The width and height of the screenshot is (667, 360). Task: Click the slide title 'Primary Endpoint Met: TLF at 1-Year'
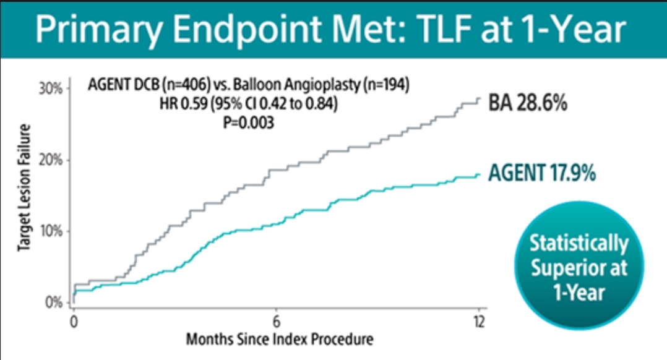click(x=330, y=30)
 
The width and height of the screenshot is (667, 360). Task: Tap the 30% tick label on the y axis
click(x=51, y=89)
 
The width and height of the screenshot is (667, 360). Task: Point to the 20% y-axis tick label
click(x=51, y=160)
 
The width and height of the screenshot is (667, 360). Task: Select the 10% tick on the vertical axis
click(x=51, y=231)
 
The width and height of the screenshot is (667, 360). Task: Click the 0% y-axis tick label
click(x=54, y=302)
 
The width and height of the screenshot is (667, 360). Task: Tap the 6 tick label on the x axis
click(x=277, y=322)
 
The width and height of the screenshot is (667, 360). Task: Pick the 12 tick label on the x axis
click(x=480, y=322)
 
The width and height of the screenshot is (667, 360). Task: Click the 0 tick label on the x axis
click(x=74, y=322)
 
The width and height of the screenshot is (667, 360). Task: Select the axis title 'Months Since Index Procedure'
click(x=280, y=339)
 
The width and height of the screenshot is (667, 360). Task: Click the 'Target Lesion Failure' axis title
click(x=24, y=187)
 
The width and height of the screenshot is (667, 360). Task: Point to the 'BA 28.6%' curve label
click(x=527, y=103)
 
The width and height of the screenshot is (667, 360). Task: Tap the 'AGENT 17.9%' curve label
click(x=542, y=173)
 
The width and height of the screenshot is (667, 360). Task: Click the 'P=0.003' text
click(x=249, y=123)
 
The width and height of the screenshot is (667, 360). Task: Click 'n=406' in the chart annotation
click(x=186, y=85)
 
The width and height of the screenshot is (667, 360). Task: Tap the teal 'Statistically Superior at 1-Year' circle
click(x=579, y=265)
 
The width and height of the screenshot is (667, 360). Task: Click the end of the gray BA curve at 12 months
click(x=480, y=98)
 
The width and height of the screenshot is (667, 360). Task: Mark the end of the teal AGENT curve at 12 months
click(x=480, y=174)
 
